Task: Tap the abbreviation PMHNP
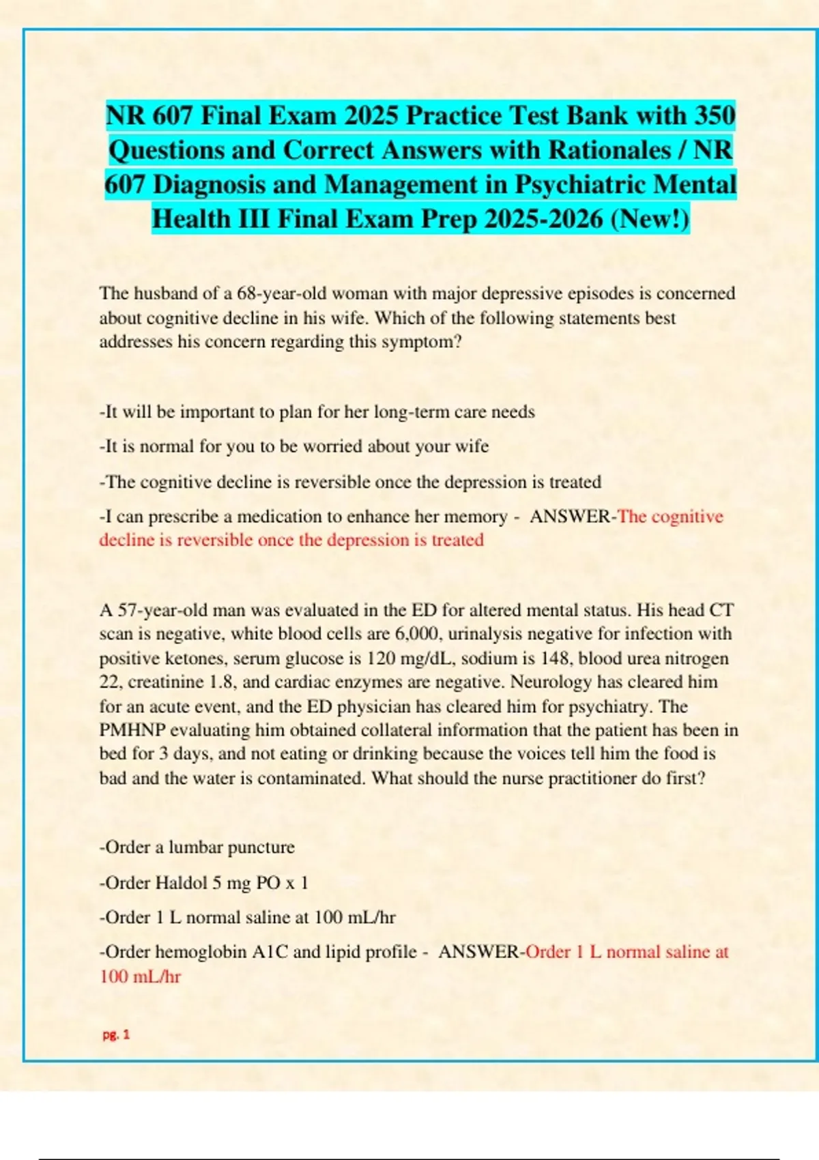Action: [132, 730]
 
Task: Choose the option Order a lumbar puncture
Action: [197, 847]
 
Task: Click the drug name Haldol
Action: [181, 883]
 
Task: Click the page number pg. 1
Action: [116, 1034]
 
